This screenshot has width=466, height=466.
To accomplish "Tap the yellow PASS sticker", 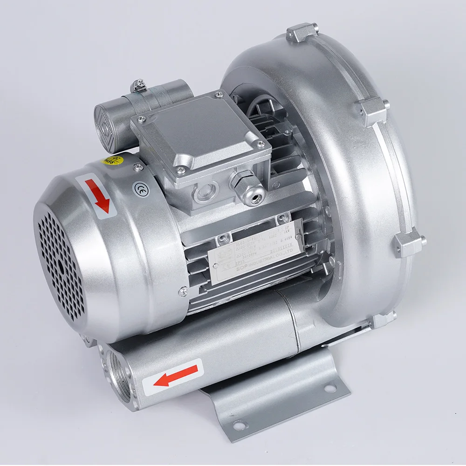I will (110, 161).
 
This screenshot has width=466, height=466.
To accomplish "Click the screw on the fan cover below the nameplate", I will (183, 292).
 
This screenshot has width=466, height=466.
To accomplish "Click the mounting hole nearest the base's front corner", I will (240, 425).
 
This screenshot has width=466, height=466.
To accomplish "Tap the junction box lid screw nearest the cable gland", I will (260, 145).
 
